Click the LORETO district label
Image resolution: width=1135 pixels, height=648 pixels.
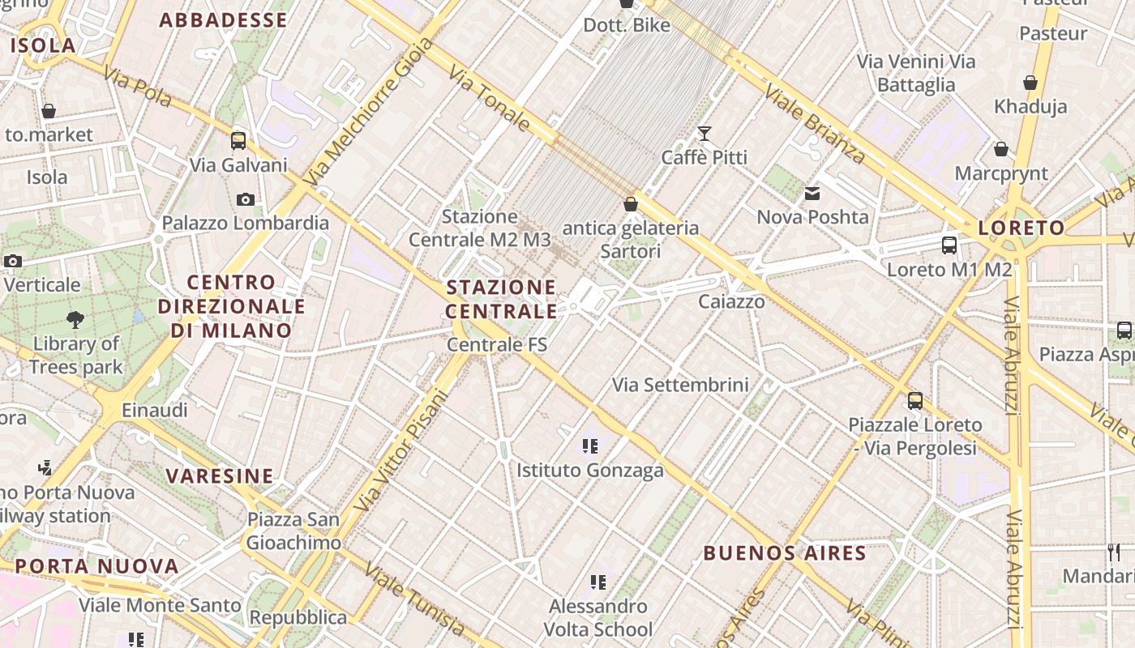1021,228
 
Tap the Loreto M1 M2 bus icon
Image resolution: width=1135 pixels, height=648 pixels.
949,245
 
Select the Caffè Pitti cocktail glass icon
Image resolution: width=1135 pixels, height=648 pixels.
705,134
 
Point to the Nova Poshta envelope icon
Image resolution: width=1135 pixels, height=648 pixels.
812,194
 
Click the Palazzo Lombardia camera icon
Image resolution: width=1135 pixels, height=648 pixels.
245,199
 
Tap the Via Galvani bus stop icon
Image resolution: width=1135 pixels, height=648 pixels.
238,140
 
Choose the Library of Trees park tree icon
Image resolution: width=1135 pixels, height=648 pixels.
75,319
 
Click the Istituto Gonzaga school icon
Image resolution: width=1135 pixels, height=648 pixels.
590,446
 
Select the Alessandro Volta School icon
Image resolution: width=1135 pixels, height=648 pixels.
598,582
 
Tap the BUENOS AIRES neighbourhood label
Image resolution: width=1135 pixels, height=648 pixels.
785,553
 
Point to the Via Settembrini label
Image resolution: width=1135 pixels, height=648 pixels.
680,385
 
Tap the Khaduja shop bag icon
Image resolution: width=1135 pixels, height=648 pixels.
1030,83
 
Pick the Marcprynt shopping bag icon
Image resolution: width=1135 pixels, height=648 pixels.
1001,149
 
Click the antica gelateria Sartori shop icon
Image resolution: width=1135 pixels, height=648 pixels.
631,204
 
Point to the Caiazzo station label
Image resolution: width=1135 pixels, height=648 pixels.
731,302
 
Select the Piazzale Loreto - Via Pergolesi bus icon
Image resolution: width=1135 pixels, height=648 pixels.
915,400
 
